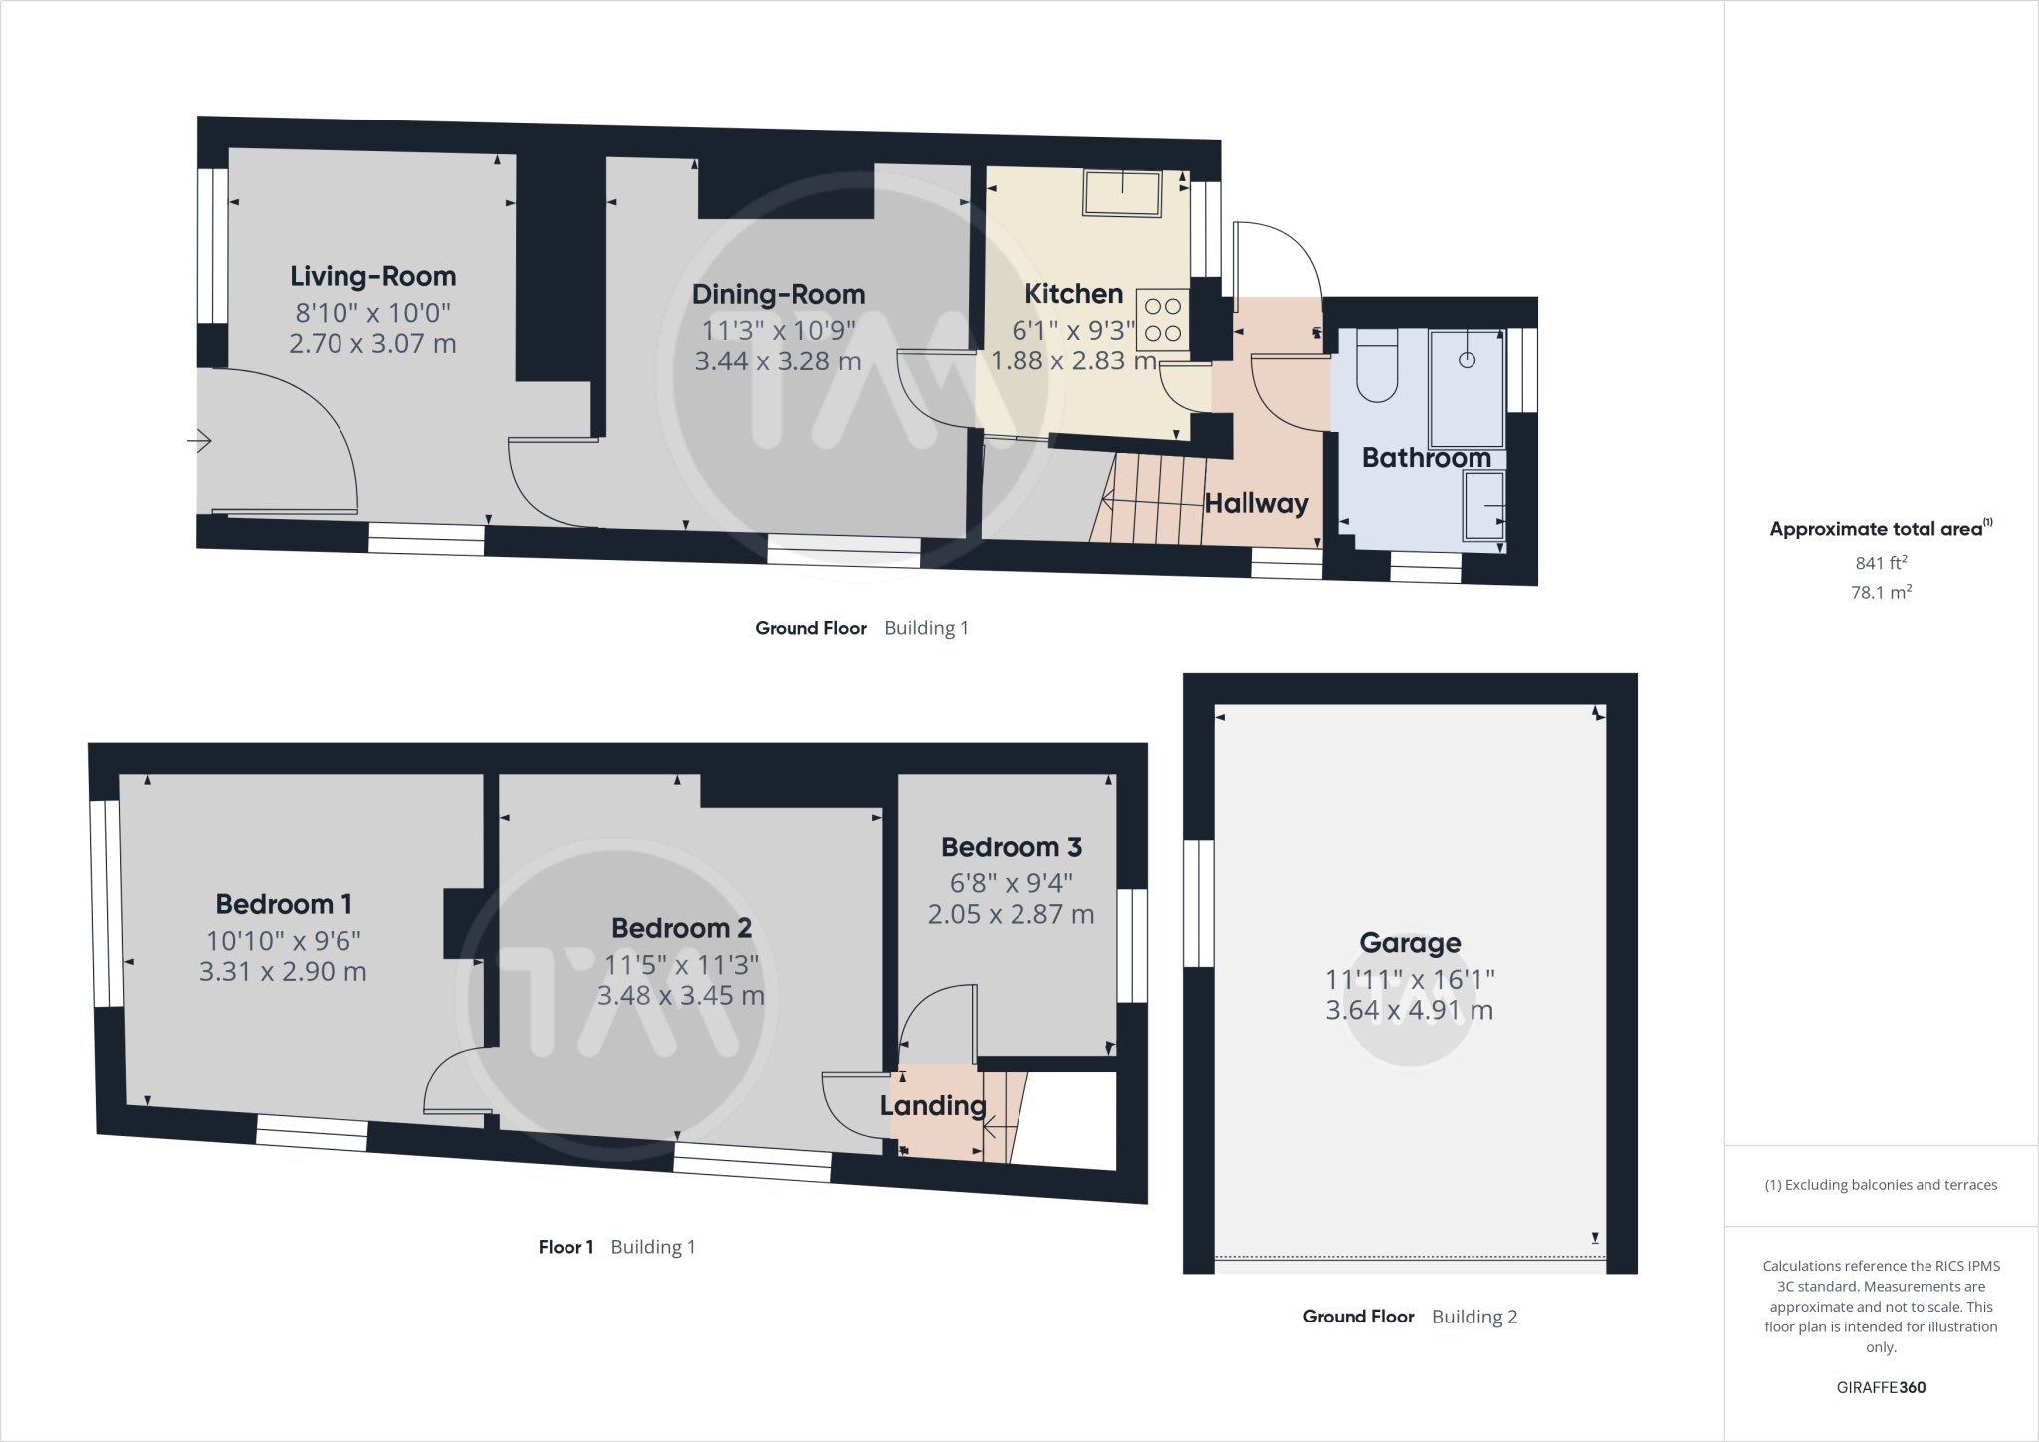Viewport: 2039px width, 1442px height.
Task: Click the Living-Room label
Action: click(x=372, y=276)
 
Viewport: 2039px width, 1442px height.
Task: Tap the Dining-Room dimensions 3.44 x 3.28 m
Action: click(x=778, y=360)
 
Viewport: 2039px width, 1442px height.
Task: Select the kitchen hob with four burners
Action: click(x=1162, y=319)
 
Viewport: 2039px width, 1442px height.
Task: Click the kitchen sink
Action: click(x=1123, y=193)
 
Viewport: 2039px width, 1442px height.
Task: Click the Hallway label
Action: click(x=1256, y=503)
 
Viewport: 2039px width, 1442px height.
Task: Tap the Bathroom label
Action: click(x=1426, y=458)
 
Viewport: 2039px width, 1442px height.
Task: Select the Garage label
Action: click(x=1410, y=942)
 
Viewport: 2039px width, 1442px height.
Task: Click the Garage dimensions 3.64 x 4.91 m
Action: click(x=1410, y=1010)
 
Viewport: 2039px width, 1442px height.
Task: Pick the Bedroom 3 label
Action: click(x=1011, y=847)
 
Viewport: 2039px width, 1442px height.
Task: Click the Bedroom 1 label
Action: click(x=284, y=904)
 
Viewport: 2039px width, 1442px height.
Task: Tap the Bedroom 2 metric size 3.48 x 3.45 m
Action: click(x=681, y=995)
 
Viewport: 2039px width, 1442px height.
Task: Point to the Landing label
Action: click(x=933, y=1105)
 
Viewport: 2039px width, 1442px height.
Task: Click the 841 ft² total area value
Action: click(x=1881, y=563)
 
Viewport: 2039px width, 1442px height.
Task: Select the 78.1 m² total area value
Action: click(x=1881, y=592)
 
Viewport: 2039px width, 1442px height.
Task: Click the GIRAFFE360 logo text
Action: click(x=1881, y=1387)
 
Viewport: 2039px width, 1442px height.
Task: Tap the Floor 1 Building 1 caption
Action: click(x=616, y=1247)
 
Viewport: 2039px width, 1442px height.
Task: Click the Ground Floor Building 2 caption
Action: click(x=1410, y=1317)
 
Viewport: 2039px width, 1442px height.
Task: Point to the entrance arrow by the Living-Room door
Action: click(x=200, y=440)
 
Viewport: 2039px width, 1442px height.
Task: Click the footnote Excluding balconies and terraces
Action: click(x=1881, y=1185)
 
